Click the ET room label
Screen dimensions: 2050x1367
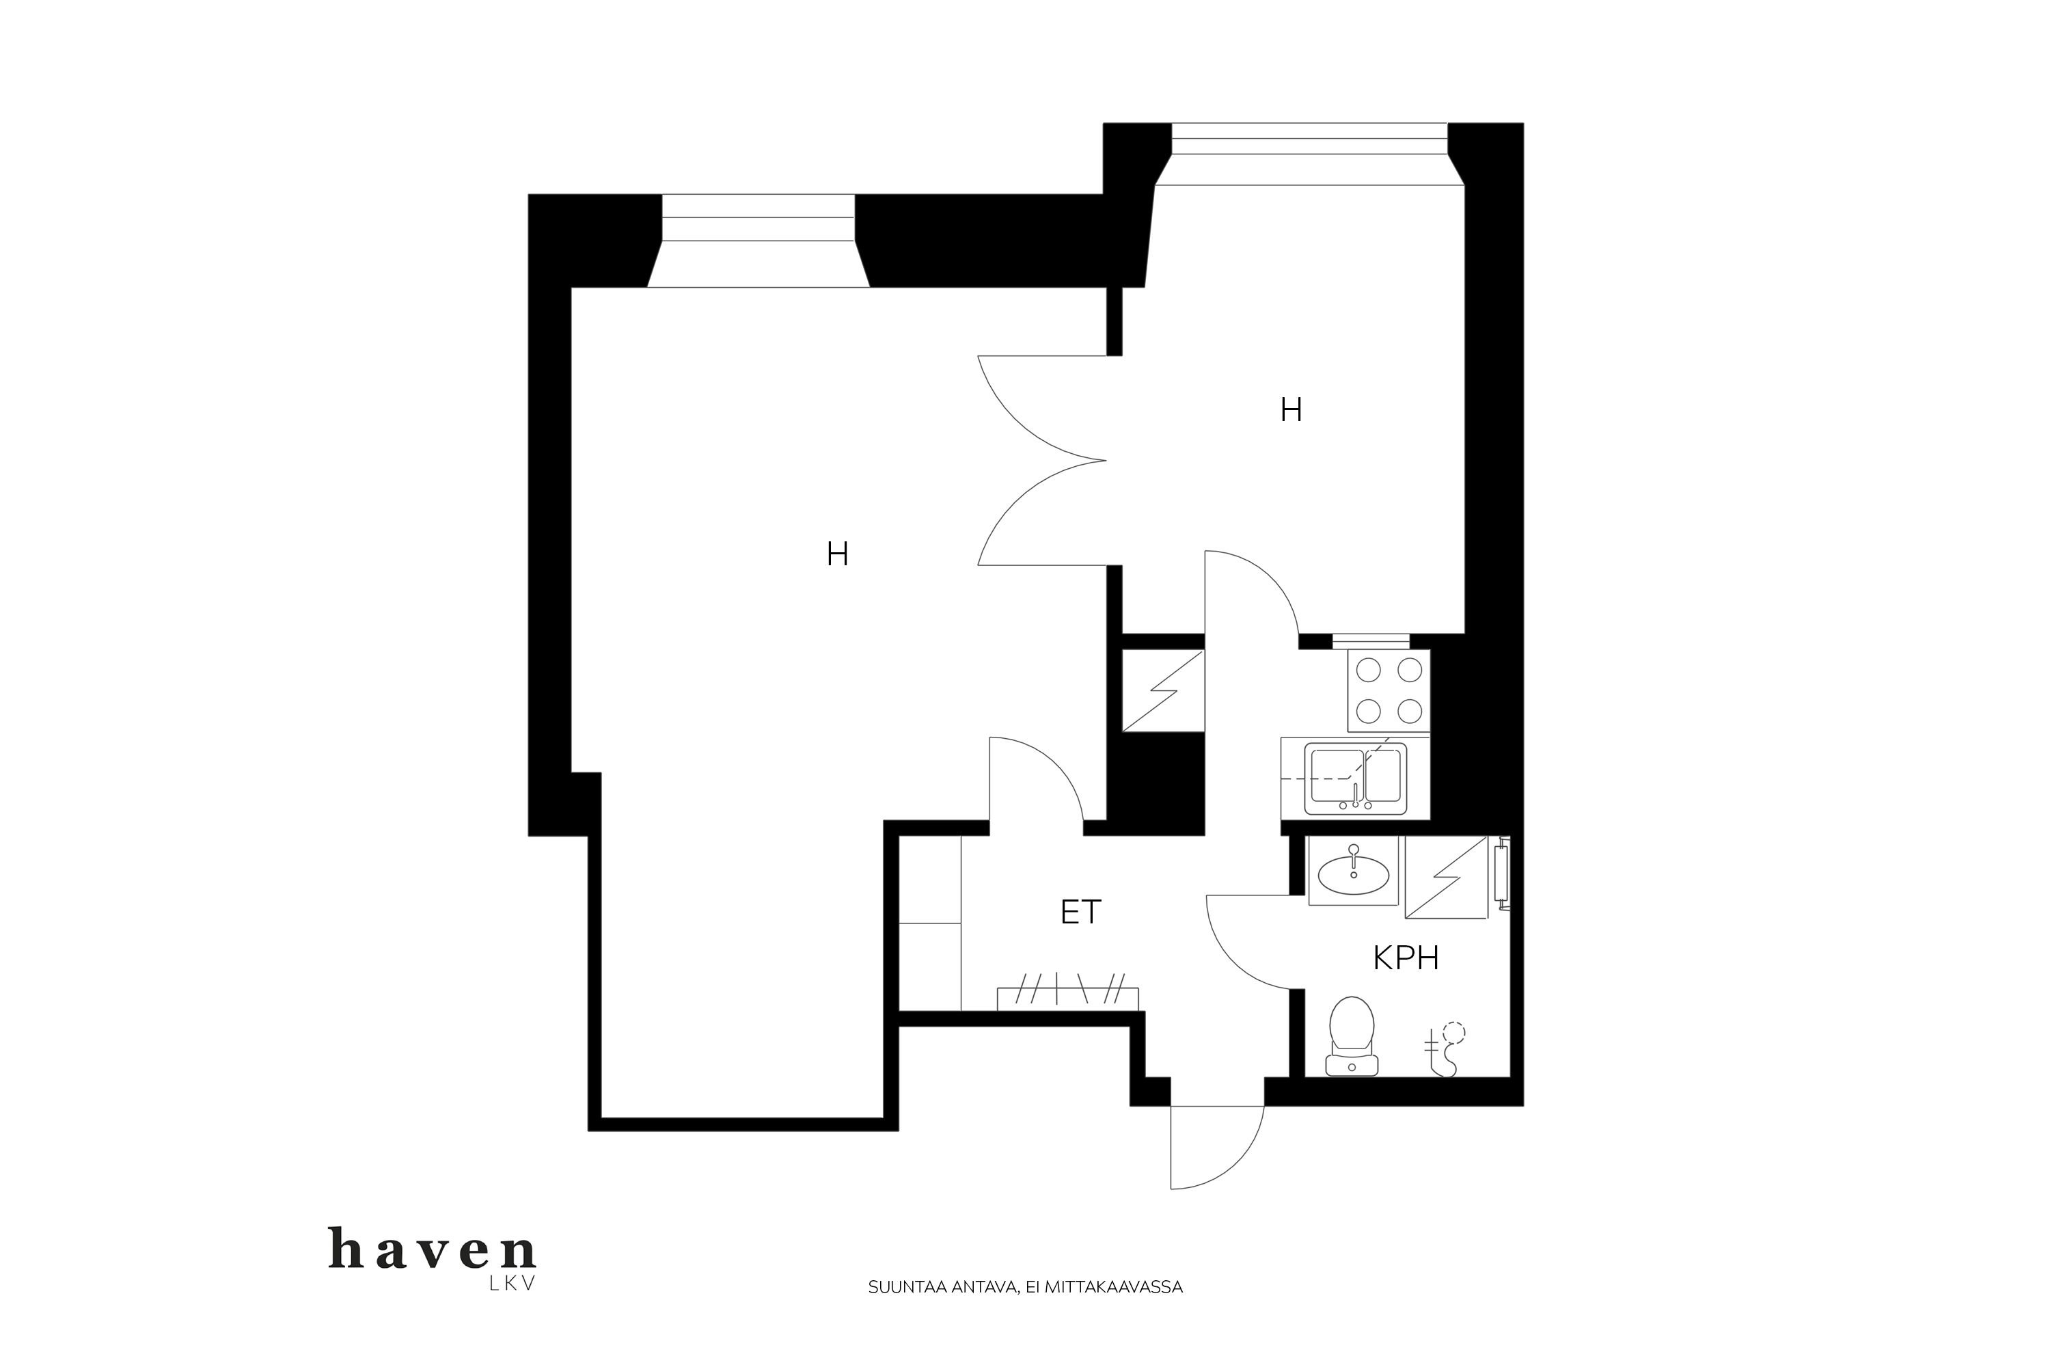[1081, 912]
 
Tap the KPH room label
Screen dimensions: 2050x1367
[1405, 959]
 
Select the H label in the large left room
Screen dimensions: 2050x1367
[838, 554]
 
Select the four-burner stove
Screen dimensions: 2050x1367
[1389, 690]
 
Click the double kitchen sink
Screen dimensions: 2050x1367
[1355, 778]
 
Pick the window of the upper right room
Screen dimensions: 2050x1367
[1310, 154]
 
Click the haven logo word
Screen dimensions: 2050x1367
[433, 1249]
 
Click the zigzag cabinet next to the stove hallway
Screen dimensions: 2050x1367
[1163, 690]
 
